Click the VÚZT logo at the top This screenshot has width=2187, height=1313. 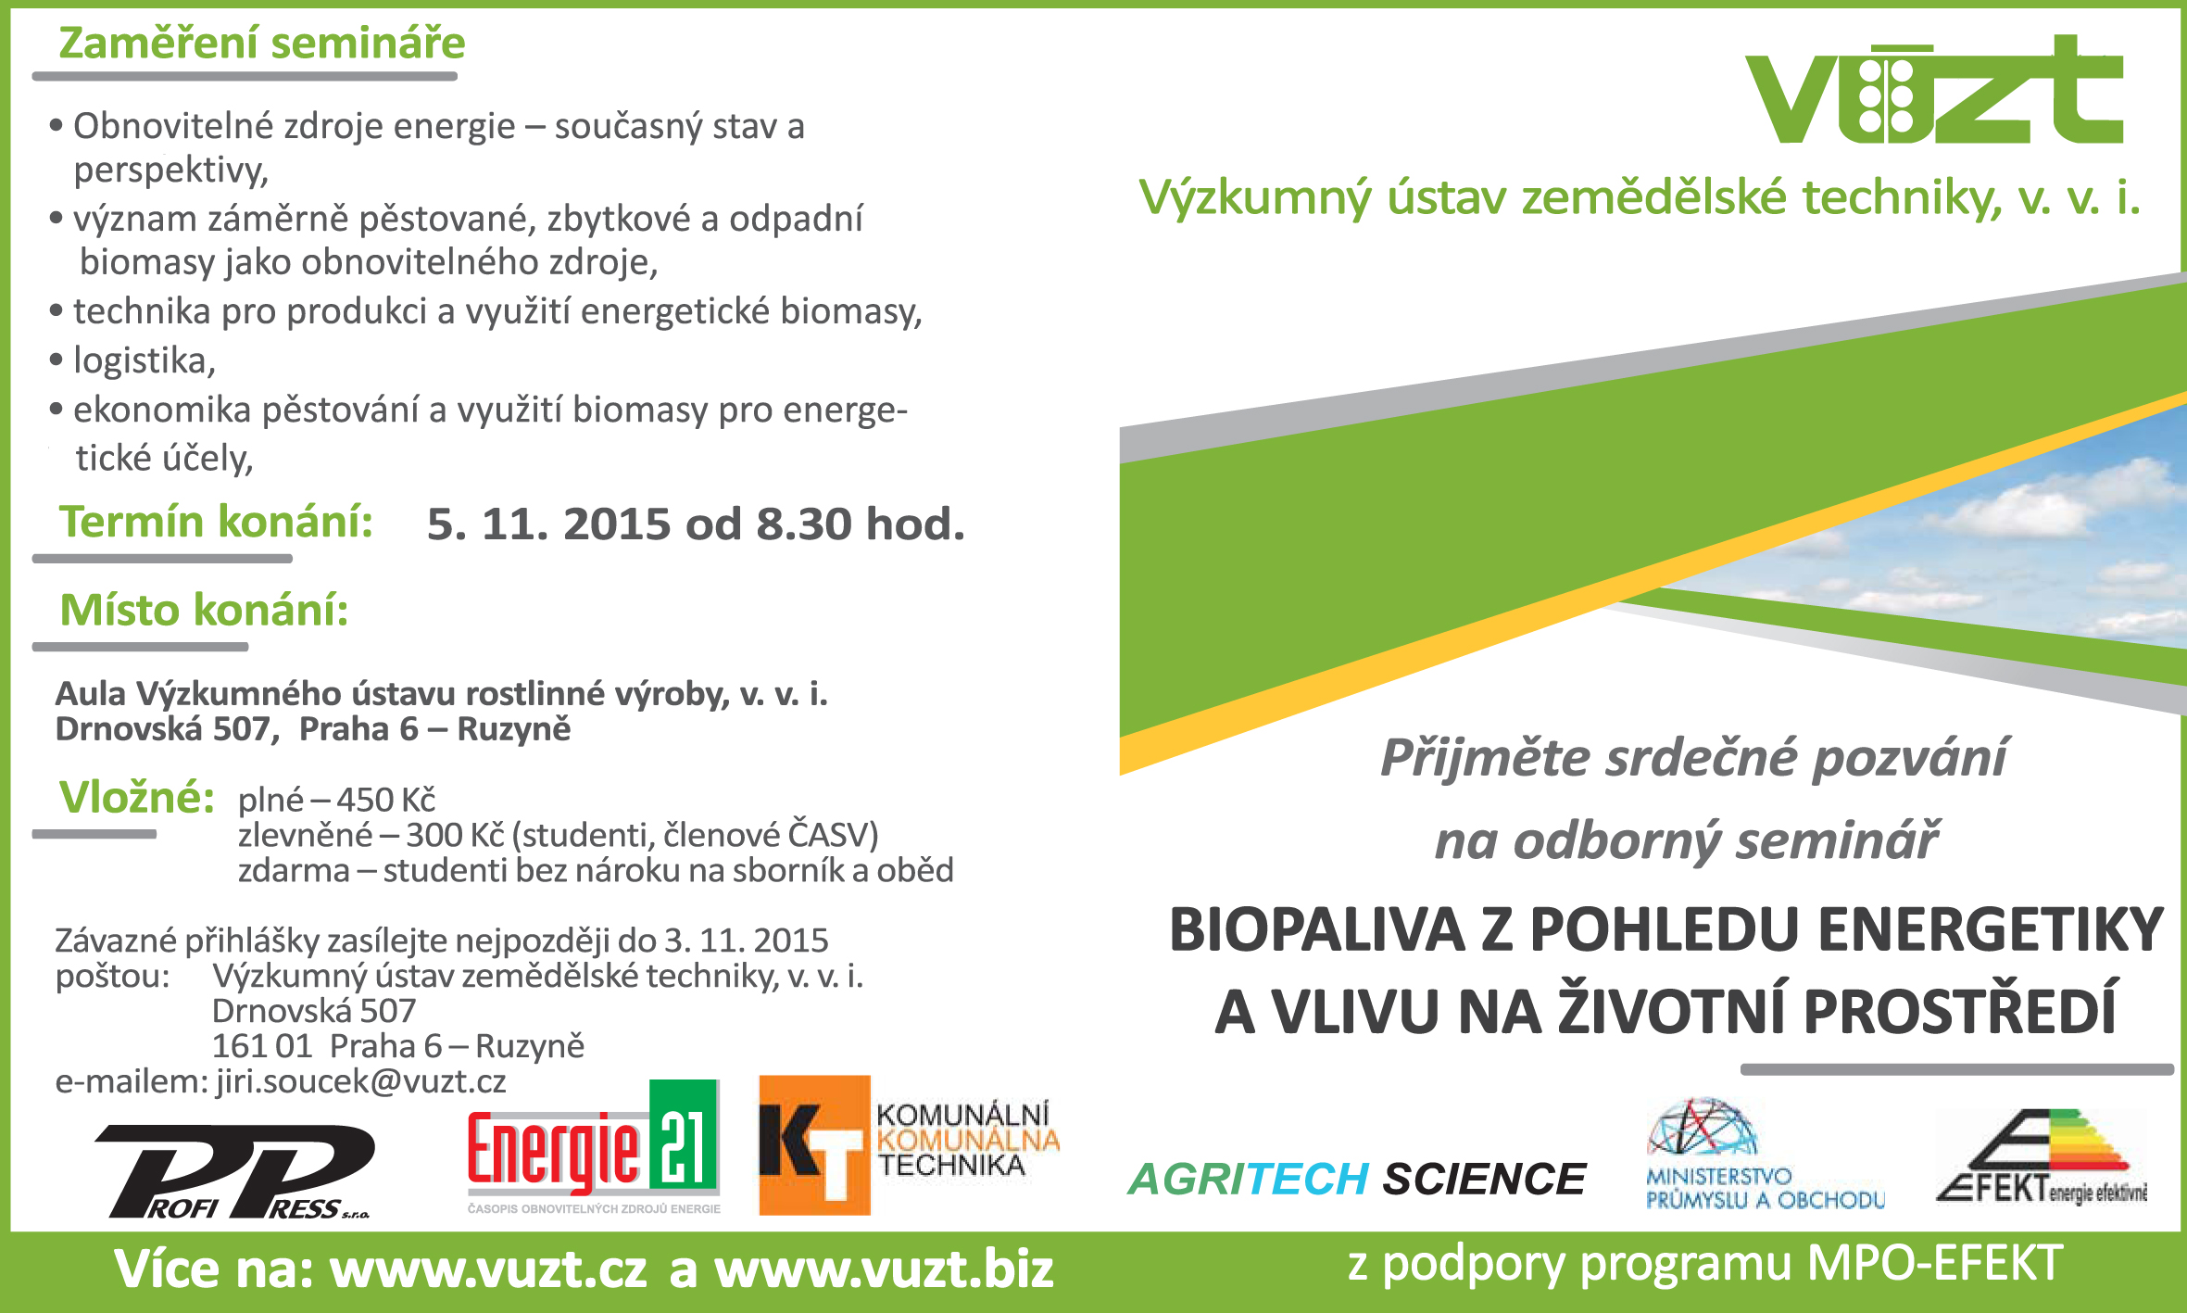(x=1934, y=91)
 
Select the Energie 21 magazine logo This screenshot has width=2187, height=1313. (x=594, y=1147)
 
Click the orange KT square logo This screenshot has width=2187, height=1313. (x=814, y=1145)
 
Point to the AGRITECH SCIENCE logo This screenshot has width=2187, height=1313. (x=1358, y=1179)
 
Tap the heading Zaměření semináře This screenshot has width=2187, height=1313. (x=262, y=44)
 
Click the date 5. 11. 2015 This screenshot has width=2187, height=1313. (x=549, y=524)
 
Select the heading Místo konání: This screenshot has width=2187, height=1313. (x=205, y=611)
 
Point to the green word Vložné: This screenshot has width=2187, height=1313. (x=137, y=797)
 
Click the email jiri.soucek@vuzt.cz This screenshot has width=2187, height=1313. (x=361, y=1081)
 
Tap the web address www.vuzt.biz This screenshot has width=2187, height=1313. (x=885, y=1269)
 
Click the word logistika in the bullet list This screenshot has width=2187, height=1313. (x=145, y=360)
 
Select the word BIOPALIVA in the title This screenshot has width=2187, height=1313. (x=1317, y=929)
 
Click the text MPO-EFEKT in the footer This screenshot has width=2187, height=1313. (x=1935, y=1263)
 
